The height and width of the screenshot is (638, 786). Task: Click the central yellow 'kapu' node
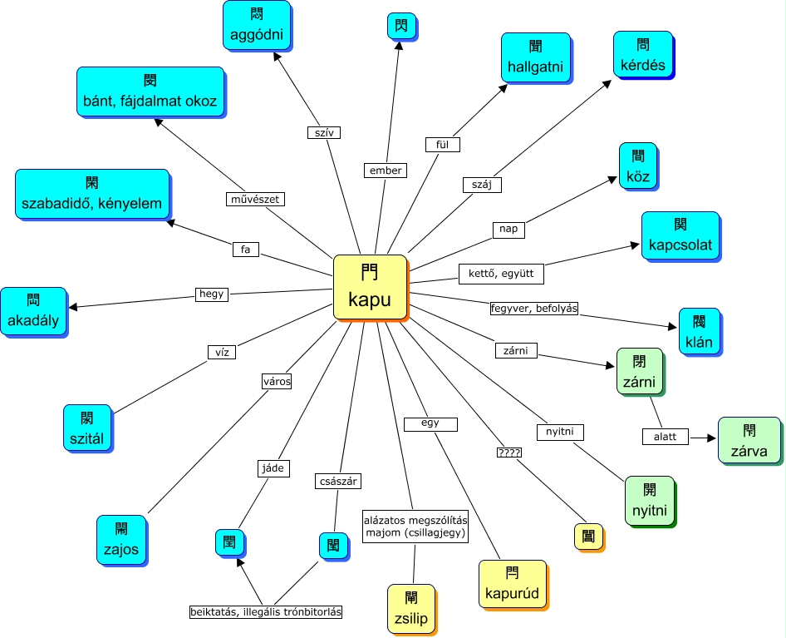[x=370, y=286]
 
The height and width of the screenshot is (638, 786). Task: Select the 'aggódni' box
[x=257, y=26]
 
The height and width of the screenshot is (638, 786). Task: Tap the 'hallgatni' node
[x=536, y=57]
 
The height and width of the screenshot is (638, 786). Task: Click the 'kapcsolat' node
[x=680, y=235]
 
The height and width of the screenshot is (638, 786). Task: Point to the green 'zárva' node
[x=749, y=441]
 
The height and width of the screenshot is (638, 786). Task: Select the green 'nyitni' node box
[x=651, y=499]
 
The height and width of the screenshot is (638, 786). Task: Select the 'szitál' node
[x=87, y=427]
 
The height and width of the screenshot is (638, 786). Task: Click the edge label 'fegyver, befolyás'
[x=533, y=309]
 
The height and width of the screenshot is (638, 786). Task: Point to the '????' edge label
[x=508, y=453]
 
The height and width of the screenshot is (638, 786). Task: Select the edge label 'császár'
[x=338, y=481]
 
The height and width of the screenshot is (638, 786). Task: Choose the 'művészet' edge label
[x=257, y=199]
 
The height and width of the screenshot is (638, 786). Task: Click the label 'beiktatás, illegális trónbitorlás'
[x=266, y=612]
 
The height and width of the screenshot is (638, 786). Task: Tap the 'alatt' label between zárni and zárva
[x=665, y=437]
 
